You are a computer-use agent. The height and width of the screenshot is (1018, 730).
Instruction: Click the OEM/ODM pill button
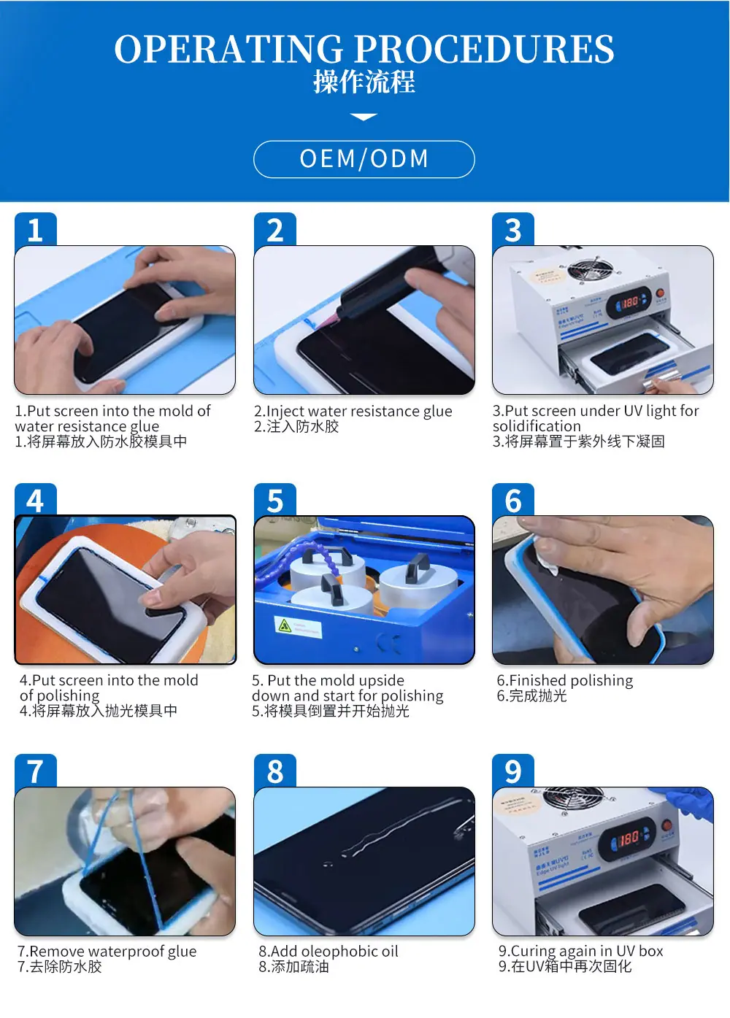pyautogui.click(x=364, y=159)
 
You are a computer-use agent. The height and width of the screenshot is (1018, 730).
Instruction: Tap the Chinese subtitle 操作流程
pyautogui.click(x=364, y=82)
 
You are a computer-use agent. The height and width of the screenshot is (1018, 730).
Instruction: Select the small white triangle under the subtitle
pyautogui.click(x=364, y=117)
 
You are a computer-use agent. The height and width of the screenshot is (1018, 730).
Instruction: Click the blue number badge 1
pyautogui.click(x=34, y=230)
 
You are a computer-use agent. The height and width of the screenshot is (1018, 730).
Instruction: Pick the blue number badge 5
pyautogui.click(x=274, y=501)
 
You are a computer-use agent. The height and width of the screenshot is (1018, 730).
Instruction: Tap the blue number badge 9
pyautogui.click(x=513, y=771)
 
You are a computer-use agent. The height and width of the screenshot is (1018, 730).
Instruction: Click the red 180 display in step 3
pyautogui.click(x=630, y=301)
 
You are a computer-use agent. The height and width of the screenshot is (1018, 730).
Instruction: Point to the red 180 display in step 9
pyautogui.click(x=629, y=840)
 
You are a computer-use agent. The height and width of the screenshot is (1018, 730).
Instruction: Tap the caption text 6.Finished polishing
pyautogui.click(x=565, y=680)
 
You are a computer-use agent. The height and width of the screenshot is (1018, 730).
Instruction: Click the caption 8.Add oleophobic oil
pyautogui.click(x=328, y=951)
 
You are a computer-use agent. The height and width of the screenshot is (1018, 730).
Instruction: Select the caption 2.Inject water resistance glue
pyautogui.click(x=353, y=411)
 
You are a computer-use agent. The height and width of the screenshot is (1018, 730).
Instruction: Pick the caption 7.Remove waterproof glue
pyautogui.click(x=107, y=951)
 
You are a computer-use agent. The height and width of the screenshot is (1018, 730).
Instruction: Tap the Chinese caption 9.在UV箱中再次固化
pyautogui.click(x=564, y=966)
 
